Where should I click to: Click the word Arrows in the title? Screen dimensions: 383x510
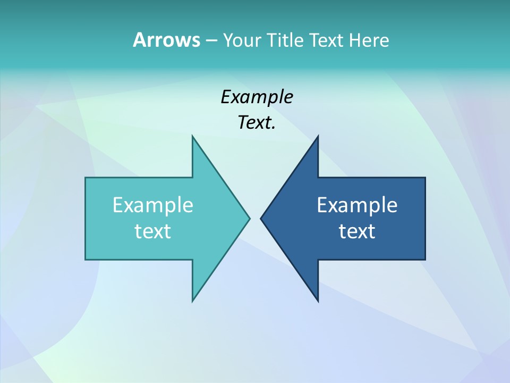(x=166, y=40)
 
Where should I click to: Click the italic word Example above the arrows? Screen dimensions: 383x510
(x=257, y=97)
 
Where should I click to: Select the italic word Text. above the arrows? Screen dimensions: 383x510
(x=257, y=123)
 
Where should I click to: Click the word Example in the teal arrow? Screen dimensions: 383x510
(x=153, y=205)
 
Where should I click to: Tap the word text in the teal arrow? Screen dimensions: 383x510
(x=153, y=231)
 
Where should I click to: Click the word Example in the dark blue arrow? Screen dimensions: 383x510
(x=357, y=205)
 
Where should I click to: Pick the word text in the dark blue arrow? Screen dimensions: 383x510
(x=357, y=231)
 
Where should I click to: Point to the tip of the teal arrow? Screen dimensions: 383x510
(x=249, y=218)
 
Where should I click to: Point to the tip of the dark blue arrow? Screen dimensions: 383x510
(x=261, y=218)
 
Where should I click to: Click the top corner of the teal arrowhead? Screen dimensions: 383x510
(x=193, y=137)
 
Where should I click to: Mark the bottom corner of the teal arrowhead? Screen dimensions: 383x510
(x=193, y=301)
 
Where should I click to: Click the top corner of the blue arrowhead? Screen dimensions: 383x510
(x=318, y=137)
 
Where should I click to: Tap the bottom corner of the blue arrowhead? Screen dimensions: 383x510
(x=318, y=301)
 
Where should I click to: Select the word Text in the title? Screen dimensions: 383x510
(x=326, y=40)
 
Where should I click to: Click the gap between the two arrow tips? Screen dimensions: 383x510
(x=255, y=218)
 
